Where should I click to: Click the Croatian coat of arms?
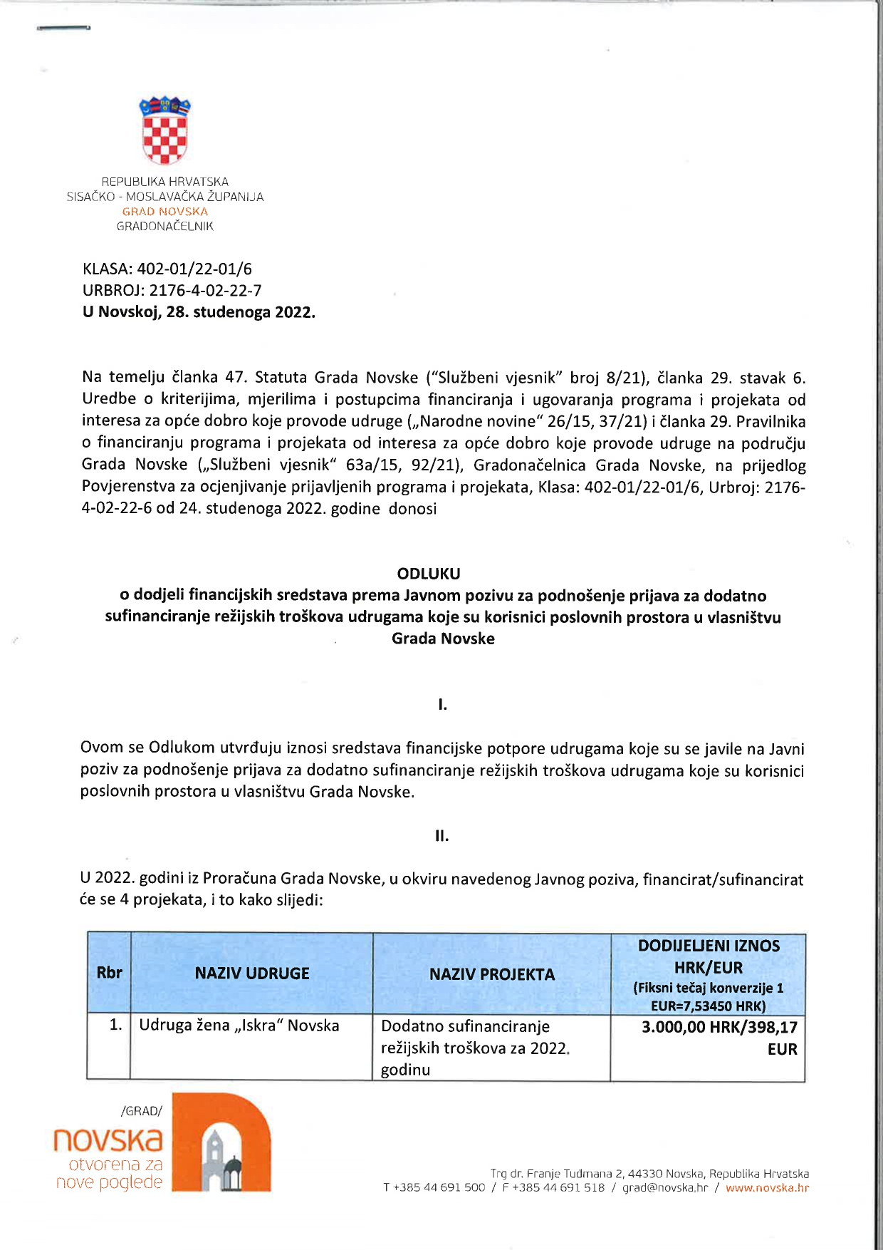165,130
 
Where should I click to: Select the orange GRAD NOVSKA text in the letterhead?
165,212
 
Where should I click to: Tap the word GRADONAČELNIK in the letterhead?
165,227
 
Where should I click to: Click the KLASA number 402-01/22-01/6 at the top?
194,269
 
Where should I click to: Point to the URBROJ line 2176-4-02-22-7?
205,291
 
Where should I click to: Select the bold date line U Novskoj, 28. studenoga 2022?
199,312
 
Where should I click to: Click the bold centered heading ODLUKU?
429,574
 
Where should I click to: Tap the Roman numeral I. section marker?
442,705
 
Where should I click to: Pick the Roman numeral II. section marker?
441,835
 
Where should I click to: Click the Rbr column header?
110,973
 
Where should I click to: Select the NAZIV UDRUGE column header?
252,973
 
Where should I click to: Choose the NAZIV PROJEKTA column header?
491,974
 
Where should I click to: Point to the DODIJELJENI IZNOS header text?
709,946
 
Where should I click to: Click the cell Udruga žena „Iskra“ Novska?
239,1026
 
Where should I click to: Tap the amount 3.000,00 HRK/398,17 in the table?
719,1027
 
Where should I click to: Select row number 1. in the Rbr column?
115,1026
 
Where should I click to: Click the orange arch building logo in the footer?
221,1142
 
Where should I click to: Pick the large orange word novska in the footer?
108,1140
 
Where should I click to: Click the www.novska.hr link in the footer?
767,1188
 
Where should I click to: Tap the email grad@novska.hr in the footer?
665,1188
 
